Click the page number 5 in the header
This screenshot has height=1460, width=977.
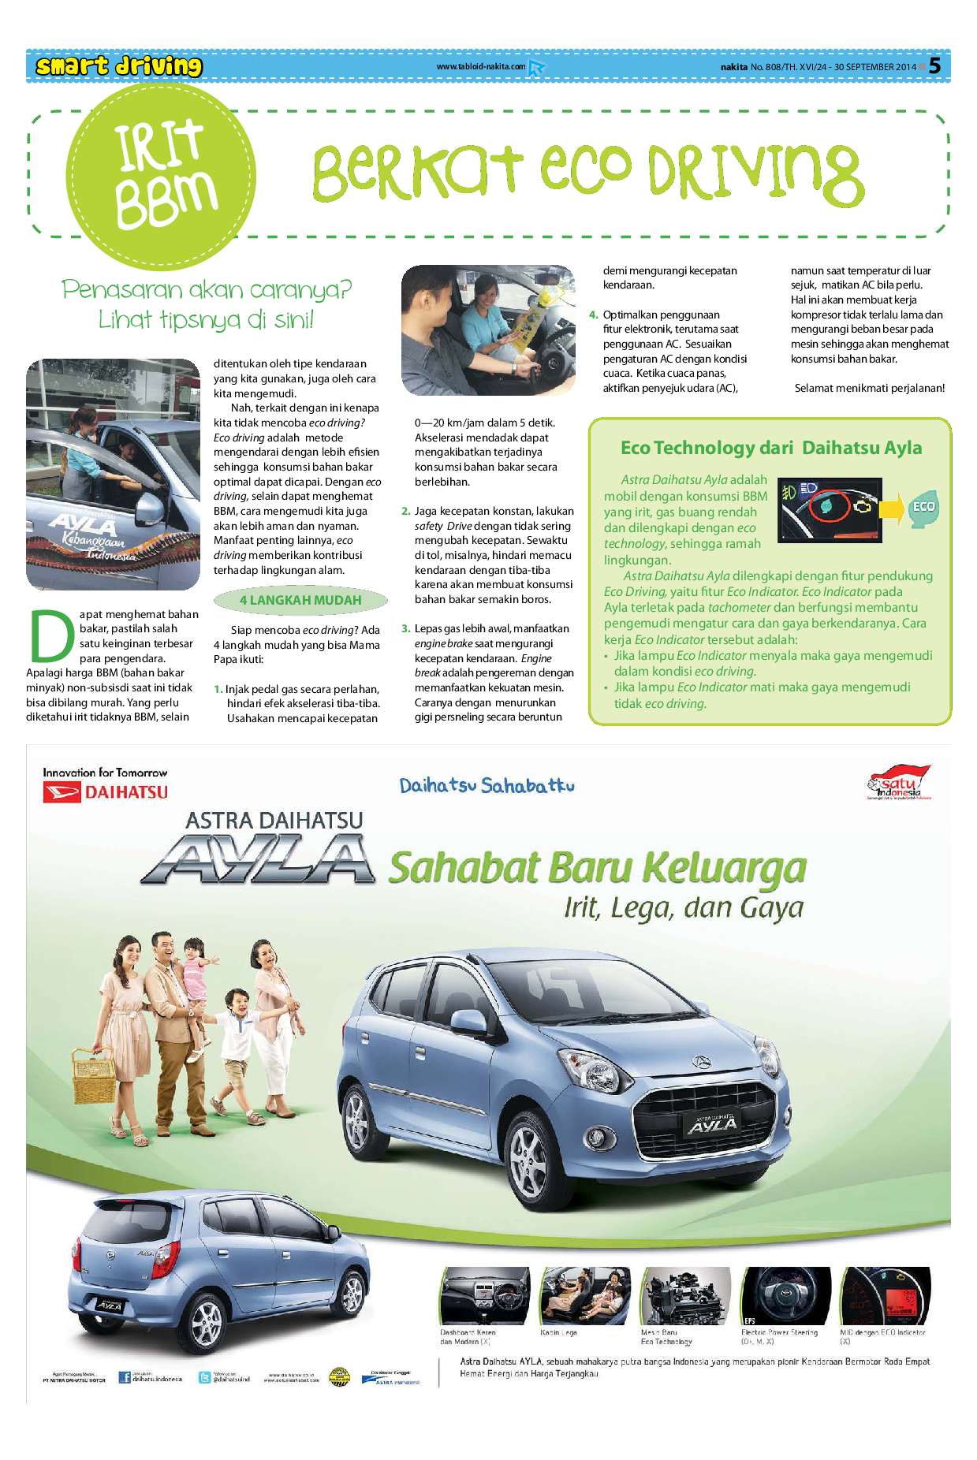pos(935,66)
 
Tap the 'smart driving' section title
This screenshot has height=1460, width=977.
pos(118,66)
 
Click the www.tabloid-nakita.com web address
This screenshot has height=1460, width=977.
pos(481,67)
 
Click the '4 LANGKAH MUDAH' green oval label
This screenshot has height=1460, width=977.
pos(300,600)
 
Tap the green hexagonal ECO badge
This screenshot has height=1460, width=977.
pos(923,507)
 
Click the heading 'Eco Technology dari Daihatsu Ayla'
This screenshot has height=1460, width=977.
pos(770,448)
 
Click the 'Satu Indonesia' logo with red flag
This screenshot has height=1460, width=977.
pos(900,782)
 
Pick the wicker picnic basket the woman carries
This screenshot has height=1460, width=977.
pos(94,1075)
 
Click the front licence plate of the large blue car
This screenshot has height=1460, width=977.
pos(713,1123)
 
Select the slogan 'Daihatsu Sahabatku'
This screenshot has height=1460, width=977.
pos(487,785)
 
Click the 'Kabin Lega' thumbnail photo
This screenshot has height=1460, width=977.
pos(585,1297)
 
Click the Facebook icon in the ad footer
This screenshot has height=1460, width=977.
pos(125,1377)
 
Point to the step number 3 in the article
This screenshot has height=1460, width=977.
pos(405,628)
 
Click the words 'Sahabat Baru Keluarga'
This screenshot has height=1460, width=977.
pos(597,868)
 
